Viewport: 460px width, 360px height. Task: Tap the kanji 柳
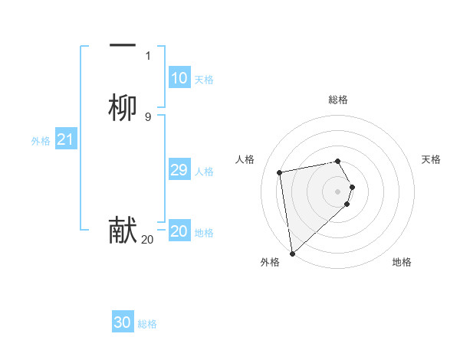[x=123, y=108]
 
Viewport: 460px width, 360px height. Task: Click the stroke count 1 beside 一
[x=147, y=56]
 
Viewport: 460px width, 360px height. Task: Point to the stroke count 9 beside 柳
[x=147, y=117]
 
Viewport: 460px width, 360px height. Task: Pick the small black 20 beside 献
[x=147, y=240]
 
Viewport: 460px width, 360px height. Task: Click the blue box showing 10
[x=179, y=78]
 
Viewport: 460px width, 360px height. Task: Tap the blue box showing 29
[x=179, y=170]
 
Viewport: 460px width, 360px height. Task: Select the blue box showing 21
[x=66, y=139]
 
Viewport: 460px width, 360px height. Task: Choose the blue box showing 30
[x=123, y=322]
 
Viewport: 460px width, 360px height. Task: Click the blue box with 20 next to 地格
[x=179, y=231]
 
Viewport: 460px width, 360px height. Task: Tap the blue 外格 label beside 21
[x=41, y=141]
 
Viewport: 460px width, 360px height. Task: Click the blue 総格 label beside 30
[x=147, y=324]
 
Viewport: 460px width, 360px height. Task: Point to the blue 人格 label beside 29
[x=205, y=172]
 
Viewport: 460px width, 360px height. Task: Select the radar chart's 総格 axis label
[x=338, y=100]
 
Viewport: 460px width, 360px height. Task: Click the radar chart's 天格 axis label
[x=431, y=159]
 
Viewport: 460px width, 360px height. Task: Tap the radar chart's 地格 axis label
[x=402, y=262]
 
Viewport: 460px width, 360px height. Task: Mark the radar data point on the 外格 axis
[x=292, y=253]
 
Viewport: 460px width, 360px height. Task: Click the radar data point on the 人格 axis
[x=280, y=172]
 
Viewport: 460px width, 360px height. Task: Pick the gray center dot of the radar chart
[x=338, y=191]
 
